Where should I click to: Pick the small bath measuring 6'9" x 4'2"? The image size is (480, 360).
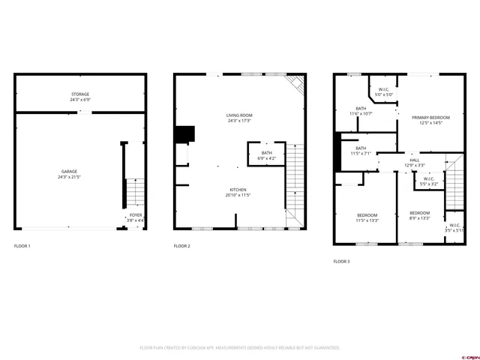pyautogui.click(x=266, y=155)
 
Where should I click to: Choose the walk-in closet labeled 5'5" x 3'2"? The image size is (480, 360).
pyautogui.click(x=429, y=181)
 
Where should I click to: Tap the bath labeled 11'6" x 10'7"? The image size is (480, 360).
pyautogui.click(x=361, y=111)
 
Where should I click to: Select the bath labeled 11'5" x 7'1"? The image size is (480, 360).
pyautogui.click(x=361, y=151)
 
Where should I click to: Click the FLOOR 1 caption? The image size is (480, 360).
pyautogui.click(x=23, y=246)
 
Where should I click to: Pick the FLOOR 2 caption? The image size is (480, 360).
pyautogui.click(x=182, y=246)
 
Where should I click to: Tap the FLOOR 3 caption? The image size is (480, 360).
pyautogui.click(x=341, y=262)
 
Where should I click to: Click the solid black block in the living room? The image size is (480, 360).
pyautogui.click(x=184, y=133)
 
